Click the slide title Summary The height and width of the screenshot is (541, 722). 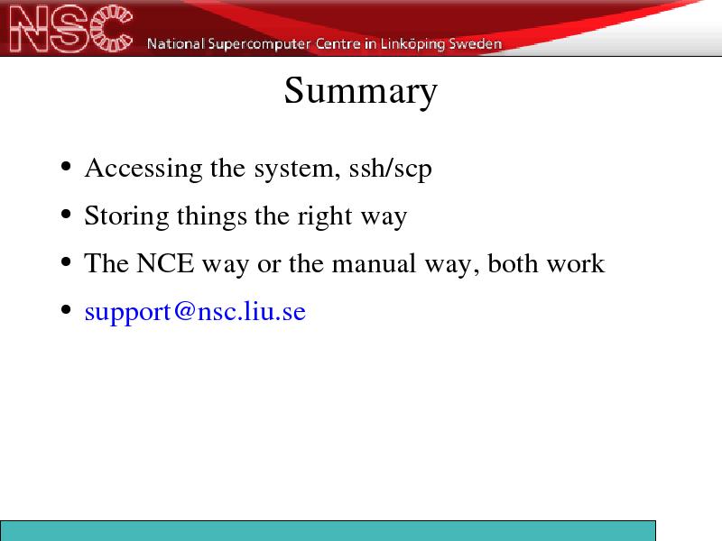point(360,91)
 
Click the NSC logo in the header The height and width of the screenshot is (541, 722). point(71,29)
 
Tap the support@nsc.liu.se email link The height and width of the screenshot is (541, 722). point(195,312)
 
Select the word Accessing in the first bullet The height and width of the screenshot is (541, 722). point(143,169)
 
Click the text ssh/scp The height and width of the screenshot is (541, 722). point(391,169)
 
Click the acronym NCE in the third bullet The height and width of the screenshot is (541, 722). point(165,263)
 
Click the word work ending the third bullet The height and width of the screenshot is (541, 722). point(576,263)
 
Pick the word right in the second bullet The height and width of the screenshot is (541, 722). point(325,216)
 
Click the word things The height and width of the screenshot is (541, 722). point(212,216)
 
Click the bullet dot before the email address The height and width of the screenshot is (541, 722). point(66,310)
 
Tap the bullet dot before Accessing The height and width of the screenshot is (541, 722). point(66,167)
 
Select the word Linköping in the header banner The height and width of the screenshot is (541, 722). point(412,44)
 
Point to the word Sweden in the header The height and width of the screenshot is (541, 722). point(476,44)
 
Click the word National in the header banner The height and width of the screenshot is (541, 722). point(175,44)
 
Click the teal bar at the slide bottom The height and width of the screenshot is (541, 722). point(328,531)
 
